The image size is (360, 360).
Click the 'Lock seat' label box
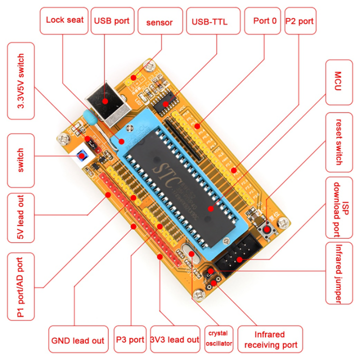64,20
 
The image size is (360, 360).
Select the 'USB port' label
111,20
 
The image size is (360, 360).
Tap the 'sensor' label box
159,21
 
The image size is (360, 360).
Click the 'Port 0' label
262,21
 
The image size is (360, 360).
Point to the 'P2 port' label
299,21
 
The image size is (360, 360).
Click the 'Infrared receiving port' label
270,340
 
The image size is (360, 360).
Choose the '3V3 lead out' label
174,340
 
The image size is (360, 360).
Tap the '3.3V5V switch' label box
21,80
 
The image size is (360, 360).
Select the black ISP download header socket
239,254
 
